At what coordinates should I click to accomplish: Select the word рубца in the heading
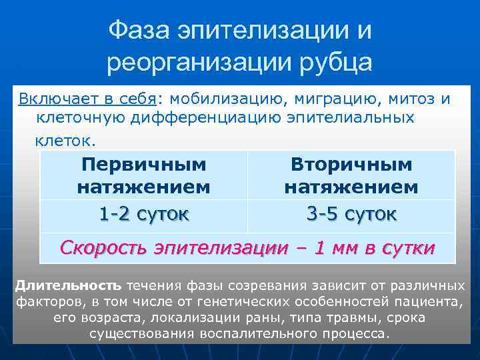tap(340, 63)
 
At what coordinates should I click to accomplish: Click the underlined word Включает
tap(59, 99)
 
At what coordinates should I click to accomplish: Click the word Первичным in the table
tap(143, 164)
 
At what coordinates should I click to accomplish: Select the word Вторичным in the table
tap(351, 164)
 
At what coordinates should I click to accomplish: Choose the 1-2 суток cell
tap(143, 214)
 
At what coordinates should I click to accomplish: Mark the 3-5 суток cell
tap(351, 214)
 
